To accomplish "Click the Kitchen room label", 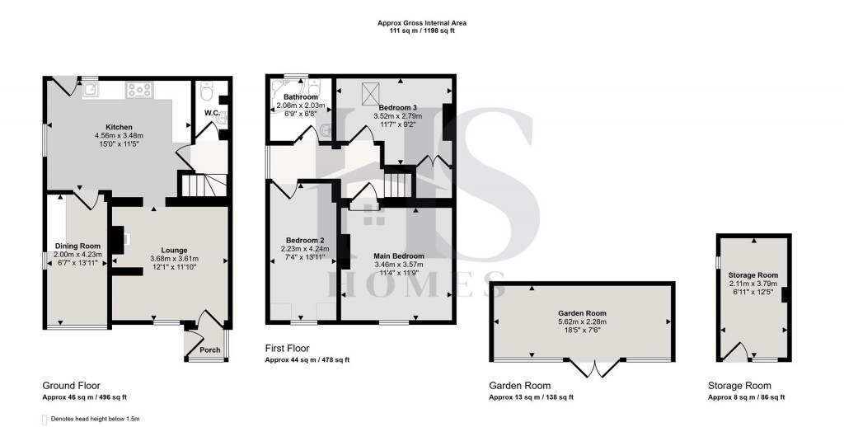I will tap(108, 127).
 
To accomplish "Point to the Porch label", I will tap(210, 350).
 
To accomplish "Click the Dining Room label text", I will tap(77, 246).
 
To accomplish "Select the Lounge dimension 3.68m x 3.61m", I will tap(174, 259).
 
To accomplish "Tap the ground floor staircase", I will tap(197, 187).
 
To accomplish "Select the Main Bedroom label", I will tap(398, 256).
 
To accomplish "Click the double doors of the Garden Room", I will tap(593, 368).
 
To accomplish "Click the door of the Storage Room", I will tap(738, 352).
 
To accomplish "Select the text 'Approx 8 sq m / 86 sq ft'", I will tap(746, 397).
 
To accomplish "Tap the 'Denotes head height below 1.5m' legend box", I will tap(46, 420).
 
